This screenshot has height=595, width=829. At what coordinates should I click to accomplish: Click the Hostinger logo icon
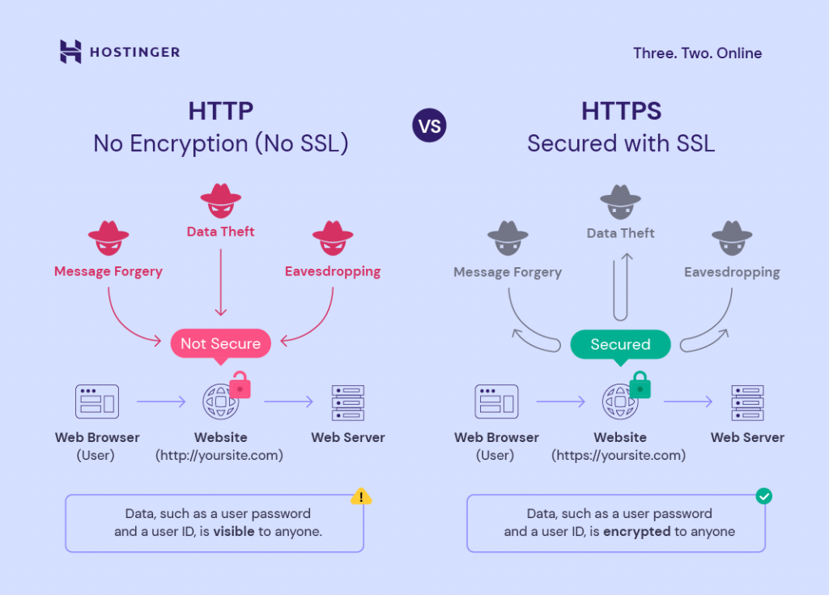click(71, 52)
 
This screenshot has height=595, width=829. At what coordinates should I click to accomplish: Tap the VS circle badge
click(429, 126)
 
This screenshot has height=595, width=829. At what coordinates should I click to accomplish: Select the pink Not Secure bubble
click(220, 343)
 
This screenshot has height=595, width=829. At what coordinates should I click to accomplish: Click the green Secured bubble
click(620, 344)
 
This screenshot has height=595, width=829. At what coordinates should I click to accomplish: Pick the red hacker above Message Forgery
click(108, 240)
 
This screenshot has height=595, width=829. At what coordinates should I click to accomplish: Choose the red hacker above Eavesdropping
click(332, 240)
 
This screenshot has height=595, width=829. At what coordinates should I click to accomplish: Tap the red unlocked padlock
click(240, 385)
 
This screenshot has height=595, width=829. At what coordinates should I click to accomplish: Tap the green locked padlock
click(640, 385)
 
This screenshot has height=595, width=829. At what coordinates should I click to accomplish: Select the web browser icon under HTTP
click(97, 401)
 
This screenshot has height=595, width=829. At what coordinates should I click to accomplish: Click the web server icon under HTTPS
click(747, 402)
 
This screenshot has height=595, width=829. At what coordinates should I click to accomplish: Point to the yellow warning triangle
click(360, 497)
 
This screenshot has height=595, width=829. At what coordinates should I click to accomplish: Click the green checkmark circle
click(763, 495)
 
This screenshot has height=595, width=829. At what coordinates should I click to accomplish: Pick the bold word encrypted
click(637, 532)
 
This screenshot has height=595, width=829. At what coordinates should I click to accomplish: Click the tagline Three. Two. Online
click(697, 53)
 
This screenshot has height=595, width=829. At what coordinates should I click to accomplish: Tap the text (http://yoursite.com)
click(219, 456)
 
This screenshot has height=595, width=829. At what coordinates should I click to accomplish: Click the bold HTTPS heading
click(621, 111)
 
